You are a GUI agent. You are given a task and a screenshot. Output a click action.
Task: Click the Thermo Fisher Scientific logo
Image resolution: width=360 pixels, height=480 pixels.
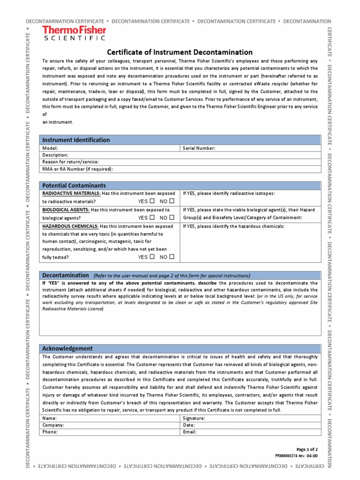click(74, 33)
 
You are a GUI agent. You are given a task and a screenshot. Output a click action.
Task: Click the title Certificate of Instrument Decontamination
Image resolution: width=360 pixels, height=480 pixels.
click(180, 52)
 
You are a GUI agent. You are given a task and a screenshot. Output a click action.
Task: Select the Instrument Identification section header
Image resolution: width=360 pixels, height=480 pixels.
click(76, 140)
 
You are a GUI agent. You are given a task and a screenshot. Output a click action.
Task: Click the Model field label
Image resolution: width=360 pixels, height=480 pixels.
click(50, 148)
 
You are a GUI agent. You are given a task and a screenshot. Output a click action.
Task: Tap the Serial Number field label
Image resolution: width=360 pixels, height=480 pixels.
click(199, 148)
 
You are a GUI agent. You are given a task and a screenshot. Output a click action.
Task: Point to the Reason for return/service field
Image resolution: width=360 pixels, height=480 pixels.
click(70, 162)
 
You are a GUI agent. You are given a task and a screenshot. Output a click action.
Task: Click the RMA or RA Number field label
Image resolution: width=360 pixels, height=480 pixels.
click(78, 169)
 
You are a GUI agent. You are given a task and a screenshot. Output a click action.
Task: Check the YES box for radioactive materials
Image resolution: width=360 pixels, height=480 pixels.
click(152, 201)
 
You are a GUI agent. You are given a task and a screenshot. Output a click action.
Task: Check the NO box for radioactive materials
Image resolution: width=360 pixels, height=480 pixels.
click(172, 201)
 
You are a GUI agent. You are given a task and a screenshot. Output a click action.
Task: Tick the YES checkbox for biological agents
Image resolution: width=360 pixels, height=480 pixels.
click(152, 217)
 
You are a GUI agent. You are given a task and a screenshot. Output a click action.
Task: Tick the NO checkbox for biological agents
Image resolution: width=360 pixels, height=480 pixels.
click(172, 217)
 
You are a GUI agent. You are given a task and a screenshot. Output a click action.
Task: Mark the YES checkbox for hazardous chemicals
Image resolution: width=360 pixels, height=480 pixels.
click(152, 257)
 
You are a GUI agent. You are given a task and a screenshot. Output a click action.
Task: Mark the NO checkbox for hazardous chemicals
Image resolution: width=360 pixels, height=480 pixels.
click(172, 257)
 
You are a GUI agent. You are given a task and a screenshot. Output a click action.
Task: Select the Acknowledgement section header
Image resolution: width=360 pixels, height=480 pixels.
click(67, 348)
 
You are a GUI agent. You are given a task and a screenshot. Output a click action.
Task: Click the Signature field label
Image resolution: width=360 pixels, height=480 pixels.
click(194, 418)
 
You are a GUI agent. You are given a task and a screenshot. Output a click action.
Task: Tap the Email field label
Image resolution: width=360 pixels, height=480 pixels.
click(189, 432)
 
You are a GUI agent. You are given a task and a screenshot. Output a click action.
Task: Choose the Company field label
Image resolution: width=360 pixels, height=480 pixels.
click(53, 425)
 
